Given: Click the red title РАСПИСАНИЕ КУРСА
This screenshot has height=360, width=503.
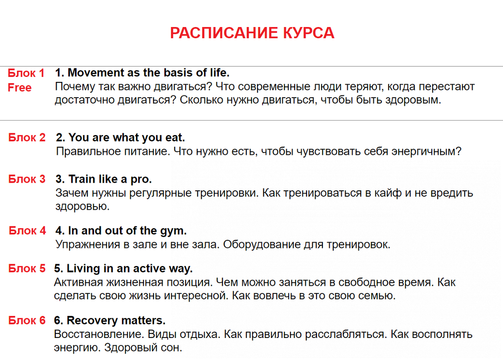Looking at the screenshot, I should (252, 33).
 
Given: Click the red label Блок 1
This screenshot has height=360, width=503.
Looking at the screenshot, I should (26, 73).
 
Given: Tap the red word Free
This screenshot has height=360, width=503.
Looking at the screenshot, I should (20, 88).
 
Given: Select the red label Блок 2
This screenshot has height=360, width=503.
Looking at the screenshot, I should (27, 137).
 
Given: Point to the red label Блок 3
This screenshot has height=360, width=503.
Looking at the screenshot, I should (27, 179).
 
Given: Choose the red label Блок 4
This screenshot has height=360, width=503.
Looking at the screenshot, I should (27, 231).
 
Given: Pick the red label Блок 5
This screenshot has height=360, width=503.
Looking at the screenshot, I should (27, 269).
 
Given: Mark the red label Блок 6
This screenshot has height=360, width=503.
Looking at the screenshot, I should (27, 320).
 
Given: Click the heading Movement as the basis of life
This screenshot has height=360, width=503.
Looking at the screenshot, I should (142, 72).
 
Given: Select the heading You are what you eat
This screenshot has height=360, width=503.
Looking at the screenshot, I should (121, 137).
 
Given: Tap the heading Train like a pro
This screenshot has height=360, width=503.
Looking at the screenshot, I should (104, 179).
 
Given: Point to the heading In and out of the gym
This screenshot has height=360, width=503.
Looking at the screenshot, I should (121, 231).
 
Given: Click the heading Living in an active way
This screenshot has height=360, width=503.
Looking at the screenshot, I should (123, 269).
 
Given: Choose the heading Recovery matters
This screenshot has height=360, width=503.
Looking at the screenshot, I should (110, 320).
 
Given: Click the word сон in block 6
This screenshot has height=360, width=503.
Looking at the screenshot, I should (173, 348).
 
